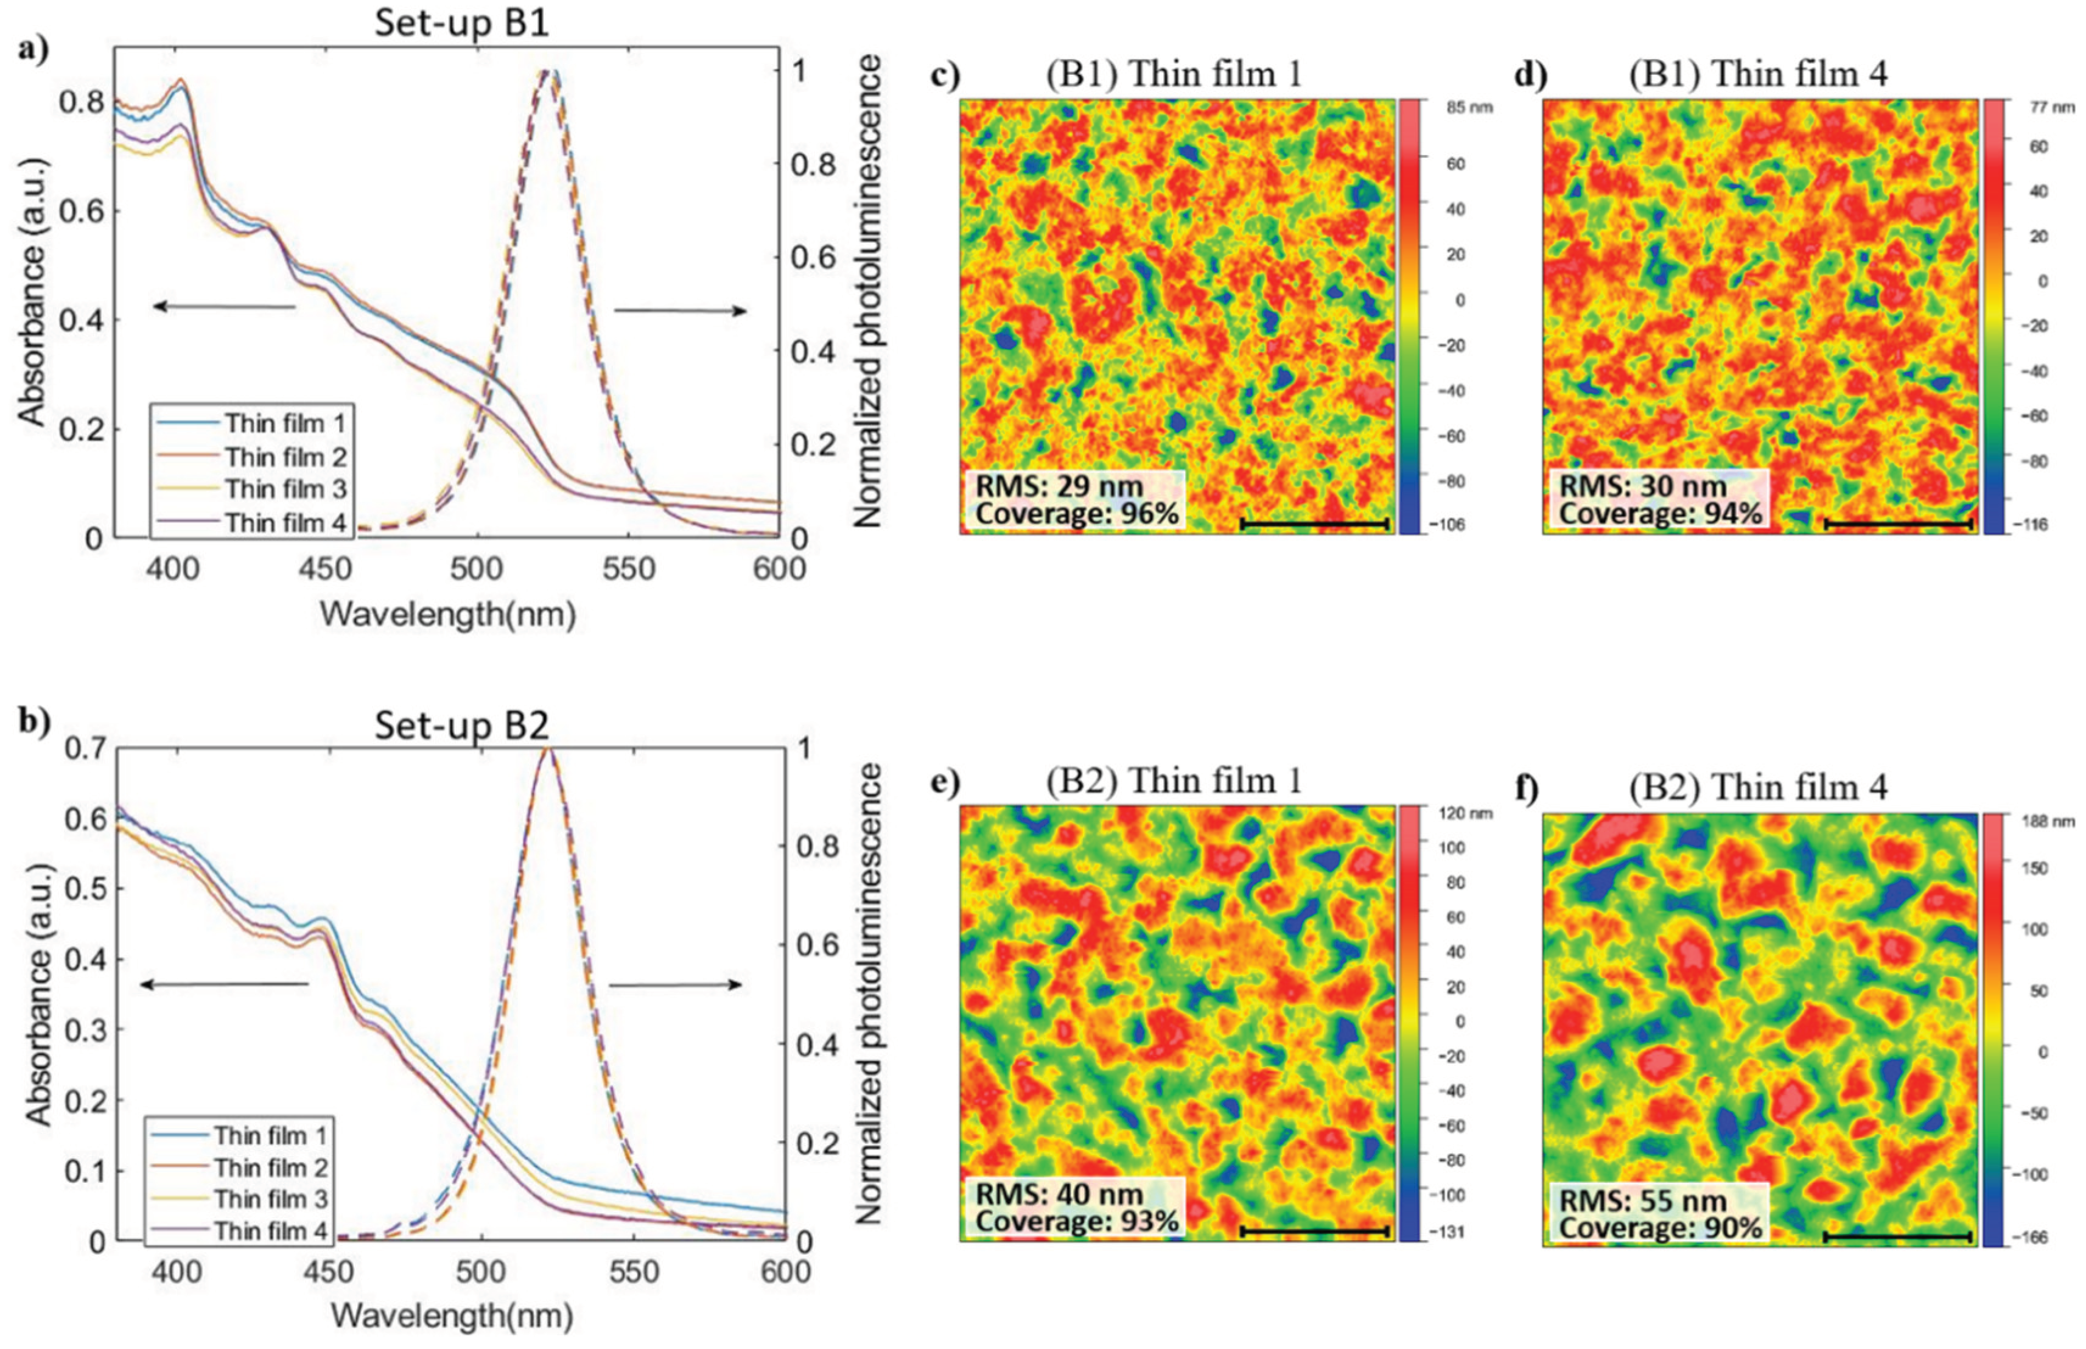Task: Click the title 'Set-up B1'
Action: (461, 23)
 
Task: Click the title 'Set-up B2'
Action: (461, 725)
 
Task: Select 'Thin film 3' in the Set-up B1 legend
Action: (285, 489)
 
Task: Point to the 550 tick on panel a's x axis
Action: (629, 569)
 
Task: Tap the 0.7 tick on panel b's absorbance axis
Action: (86, 748)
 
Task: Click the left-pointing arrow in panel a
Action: (224, 307)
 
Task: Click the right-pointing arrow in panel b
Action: (675, 984)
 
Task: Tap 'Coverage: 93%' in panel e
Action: (1076, 1220)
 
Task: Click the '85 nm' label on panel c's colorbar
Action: (1469, 108)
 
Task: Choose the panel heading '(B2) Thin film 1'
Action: (1174, 780)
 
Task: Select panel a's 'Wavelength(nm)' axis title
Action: (447, 614)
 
